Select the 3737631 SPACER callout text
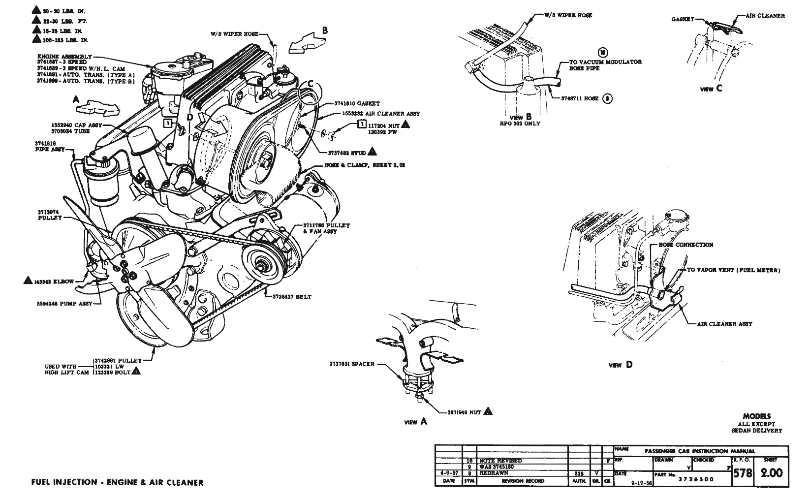click(352, 364)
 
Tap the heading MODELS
click(756, 416)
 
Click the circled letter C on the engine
click(310, 85)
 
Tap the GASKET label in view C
click(683, 19)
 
